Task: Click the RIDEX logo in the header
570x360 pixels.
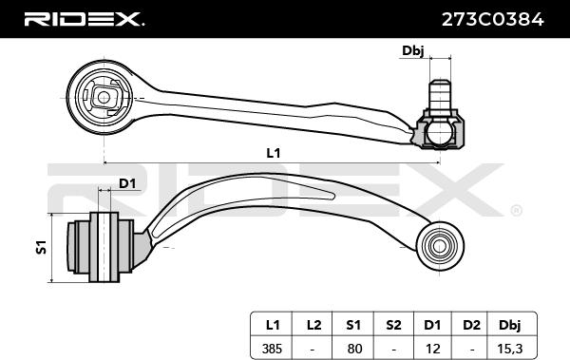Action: point(83,19)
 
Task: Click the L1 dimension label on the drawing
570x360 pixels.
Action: point(274,152)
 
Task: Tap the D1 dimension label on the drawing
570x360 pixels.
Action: point(126,183)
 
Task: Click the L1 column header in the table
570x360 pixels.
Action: point(272,324)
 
